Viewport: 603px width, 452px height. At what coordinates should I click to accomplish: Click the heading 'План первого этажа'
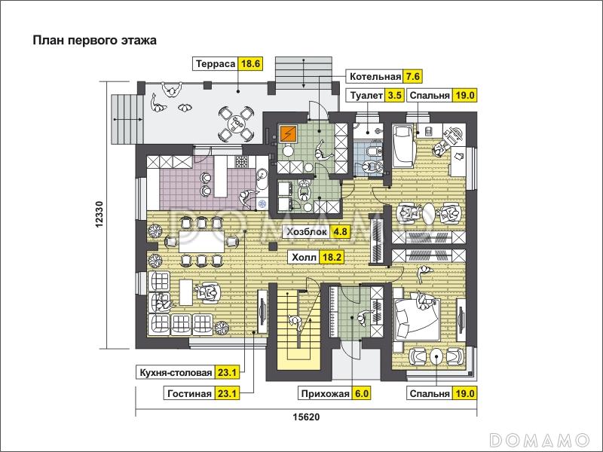(95, 41)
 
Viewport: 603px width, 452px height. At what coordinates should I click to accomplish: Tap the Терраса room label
(216, 63)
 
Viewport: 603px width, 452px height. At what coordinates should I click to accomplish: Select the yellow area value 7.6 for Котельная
(412, 77)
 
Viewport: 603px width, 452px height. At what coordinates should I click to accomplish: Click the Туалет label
(366, 96)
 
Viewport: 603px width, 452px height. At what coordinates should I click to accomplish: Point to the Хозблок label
(307, 232)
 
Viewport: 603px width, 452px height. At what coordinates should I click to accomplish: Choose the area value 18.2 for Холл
(332, 257)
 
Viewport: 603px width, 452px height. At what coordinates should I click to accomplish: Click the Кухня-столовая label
(176, 372)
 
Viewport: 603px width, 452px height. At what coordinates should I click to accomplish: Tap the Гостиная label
(190, 393)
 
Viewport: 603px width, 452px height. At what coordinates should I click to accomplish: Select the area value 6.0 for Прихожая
(362, 393)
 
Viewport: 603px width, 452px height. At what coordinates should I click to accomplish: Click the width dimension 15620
(306, 417)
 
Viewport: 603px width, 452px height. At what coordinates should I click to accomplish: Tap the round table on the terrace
(235, 124)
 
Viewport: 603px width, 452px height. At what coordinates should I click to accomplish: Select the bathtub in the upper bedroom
(403, 146)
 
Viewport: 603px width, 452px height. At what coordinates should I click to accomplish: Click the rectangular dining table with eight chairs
(202, 241)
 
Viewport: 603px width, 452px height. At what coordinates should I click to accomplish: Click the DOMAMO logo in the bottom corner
(540, 439)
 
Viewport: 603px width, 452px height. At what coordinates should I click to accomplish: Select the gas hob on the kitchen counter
(243, 161)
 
